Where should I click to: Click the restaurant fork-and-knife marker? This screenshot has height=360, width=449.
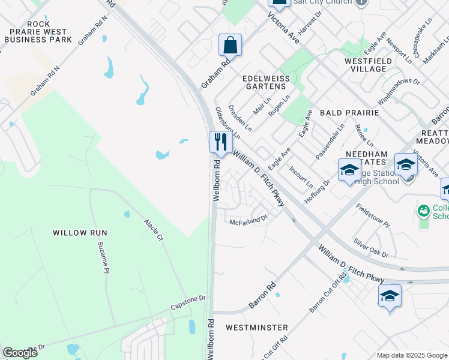click(x=221, y=142)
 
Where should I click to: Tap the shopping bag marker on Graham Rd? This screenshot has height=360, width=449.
click(x=230, y=44)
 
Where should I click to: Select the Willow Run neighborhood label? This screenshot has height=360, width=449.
click(x=79, y=232)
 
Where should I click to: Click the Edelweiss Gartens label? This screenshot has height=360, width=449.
click(x=265, y=83)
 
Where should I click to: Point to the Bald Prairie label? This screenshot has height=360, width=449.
click(x=349, y=112)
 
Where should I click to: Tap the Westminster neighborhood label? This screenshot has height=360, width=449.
click(x=256, y=328)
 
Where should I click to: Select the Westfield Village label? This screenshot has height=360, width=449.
click(x=369, y=65)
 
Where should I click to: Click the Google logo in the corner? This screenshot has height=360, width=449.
click(x=20, y=353)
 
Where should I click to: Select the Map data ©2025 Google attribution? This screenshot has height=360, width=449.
click(x=411, y=355)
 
